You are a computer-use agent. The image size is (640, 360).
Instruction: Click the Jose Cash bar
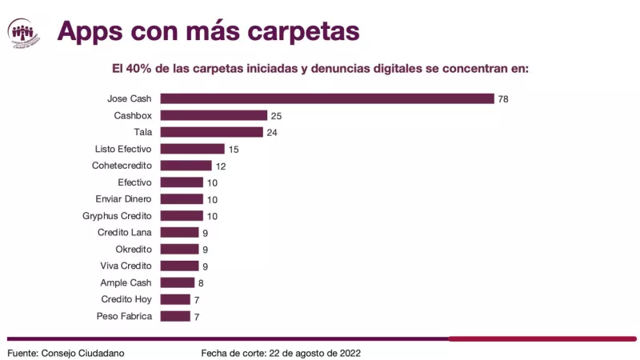point(326,99)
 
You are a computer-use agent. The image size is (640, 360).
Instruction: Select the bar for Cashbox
point(214,116)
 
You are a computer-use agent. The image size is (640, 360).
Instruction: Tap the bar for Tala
point(211,132)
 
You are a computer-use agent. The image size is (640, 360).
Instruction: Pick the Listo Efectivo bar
point(192,149)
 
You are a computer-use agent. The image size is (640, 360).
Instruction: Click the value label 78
point(503,99)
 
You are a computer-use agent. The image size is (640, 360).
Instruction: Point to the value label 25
point(276,116)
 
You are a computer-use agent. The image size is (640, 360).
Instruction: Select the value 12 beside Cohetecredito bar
point(221,166)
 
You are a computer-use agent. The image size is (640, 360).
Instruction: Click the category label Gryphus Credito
point(118,216)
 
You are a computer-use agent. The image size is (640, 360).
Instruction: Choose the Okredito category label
point(134,250)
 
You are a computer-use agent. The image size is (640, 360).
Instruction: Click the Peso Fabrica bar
point(175,316)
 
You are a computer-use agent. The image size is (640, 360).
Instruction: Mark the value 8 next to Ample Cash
point(201,282)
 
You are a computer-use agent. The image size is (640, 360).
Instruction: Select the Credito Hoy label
point(128,299)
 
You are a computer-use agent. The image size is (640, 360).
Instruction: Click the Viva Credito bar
point(179,266)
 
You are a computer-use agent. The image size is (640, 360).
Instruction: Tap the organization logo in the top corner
point(24,32)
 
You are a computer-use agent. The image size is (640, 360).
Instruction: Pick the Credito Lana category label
point(126,233)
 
